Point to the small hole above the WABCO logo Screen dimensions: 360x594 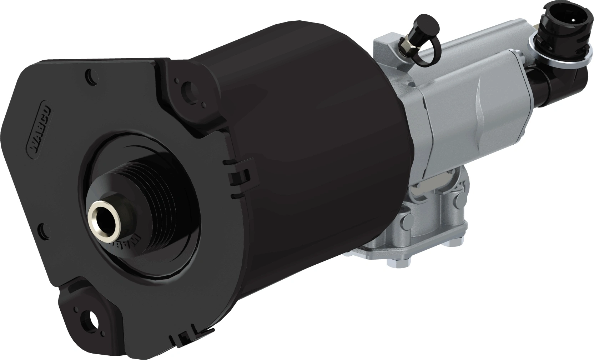(91, 76)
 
